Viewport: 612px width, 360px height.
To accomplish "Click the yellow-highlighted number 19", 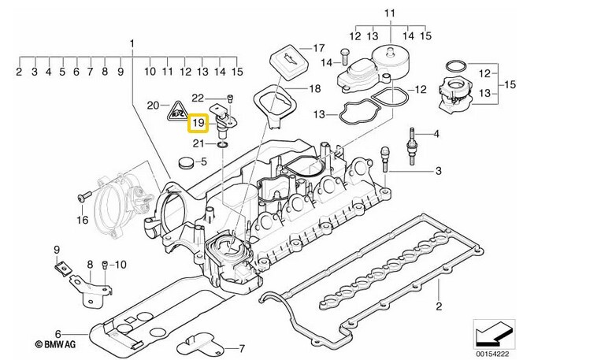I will [198, 123].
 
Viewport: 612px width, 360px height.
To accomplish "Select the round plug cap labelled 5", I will [186, 164].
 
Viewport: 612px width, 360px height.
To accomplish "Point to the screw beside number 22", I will [228, 99].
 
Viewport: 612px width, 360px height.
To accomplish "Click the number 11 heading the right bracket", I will [388, 13].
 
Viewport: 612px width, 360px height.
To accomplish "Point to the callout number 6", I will [57, 334].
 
